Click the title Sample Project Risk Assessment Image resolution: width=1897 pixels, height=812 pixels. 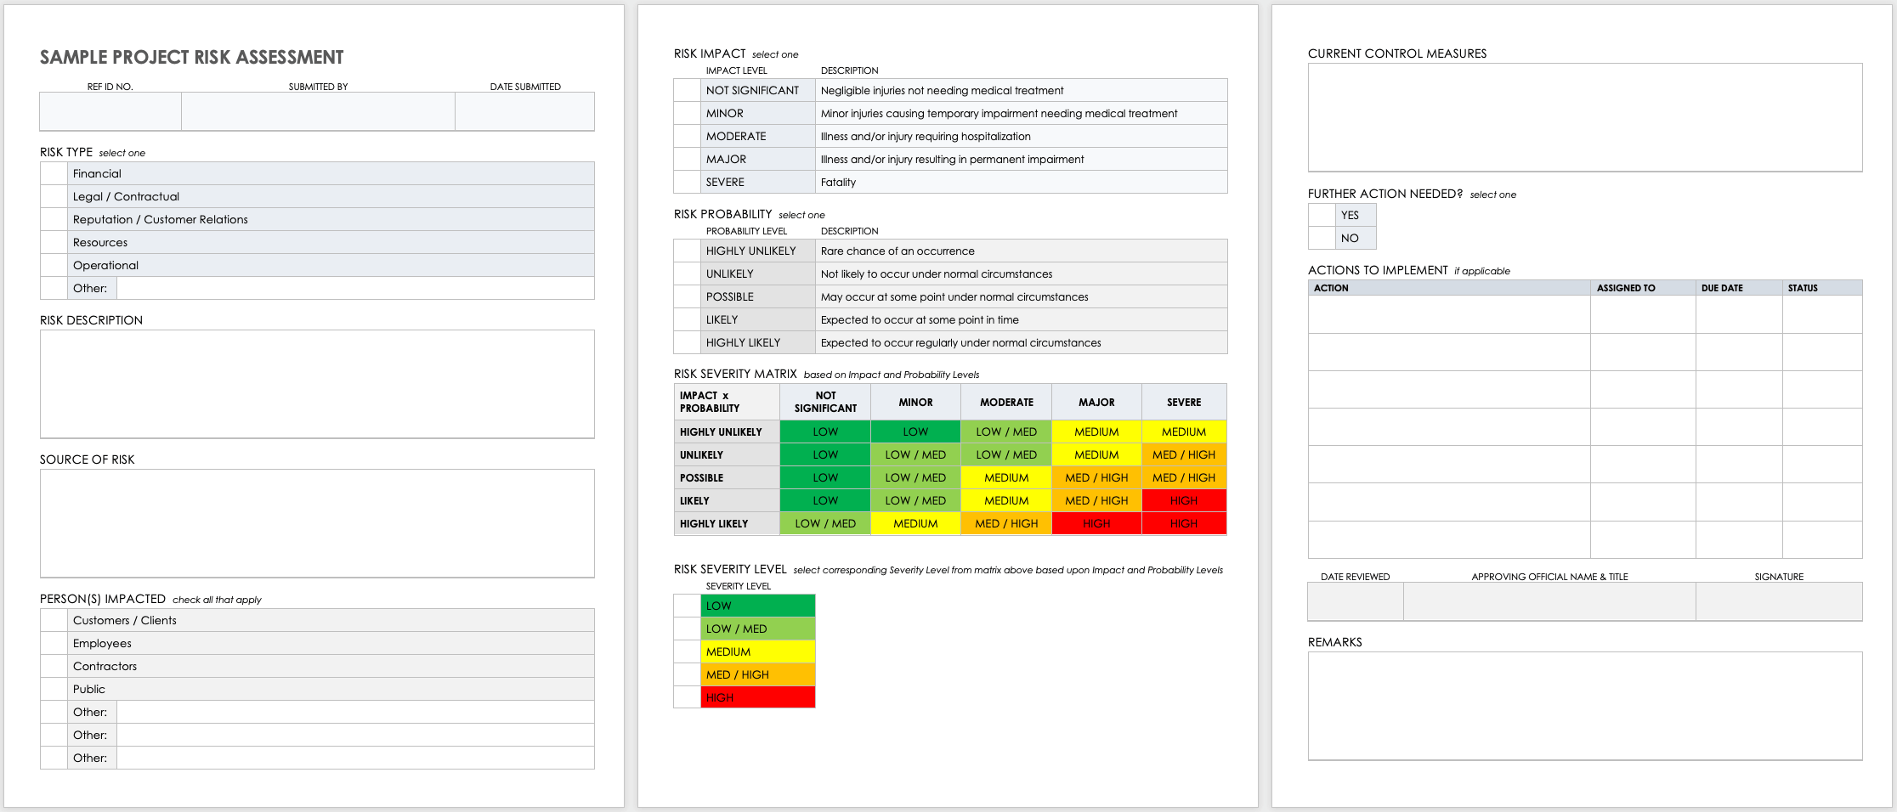click(191, 58)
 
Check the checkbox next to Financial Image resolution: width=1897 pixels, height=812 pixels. click(54, 173)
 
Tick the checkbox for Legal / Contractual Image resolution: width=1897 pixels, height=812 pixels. click(54, 196)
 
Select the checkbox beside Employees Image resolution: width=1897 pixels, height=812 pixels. click(54, 643)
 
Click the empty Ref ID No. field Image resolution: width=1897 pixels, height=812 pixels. click(110, 111)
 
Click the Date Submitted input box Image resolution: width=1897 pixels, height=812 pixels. click(524, 111)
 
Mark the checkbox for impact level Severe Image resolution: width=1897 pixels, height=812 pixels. click(687, 182)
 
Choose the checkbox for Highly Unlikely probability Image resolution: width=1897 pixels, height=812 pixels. click(687, 251)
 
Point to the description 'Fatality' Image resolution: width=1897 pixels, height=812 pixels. click(838, 182)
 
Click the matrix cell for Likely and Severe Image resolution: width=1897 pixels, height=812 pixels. click(1183, 500)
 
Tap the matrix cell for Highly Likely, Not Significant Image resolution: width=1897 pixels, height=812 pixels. click(824, 523)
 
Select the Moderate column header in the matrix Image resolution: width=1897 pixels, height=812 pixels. click(1006, 402)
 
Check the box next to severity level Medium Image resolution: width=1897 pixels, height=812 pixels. click(687, 651)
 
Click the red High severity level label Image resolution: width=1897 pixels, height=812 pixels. click(757, 697)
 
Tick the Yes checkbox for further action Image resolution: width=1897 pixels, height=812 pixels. click(1321, 215)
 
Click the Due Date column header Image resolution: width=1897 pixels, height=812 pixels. click(1722, 288)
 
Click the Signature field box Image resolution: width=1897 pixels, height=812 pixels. click(1778, 601)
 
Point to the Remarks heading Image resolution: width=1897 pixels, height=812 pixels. click(1334, 642)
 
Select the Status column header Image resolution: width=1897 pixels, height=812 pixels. click(1803, 288)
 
